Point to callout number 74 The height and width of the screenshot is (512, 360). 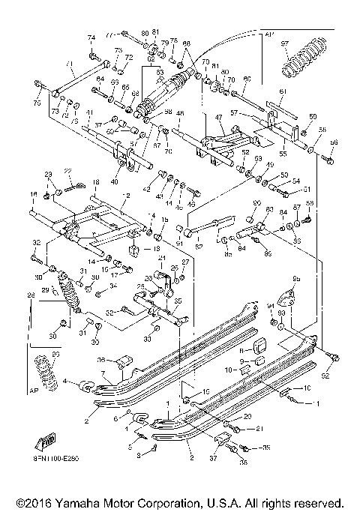91,37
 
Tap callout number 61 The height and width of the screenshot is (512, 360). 283,91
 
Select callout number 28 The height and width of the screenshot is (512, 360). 31,296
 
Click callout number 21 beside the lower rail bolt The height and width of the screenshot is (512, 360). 239,428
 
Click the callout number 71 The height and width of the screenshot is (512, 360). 68,64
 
